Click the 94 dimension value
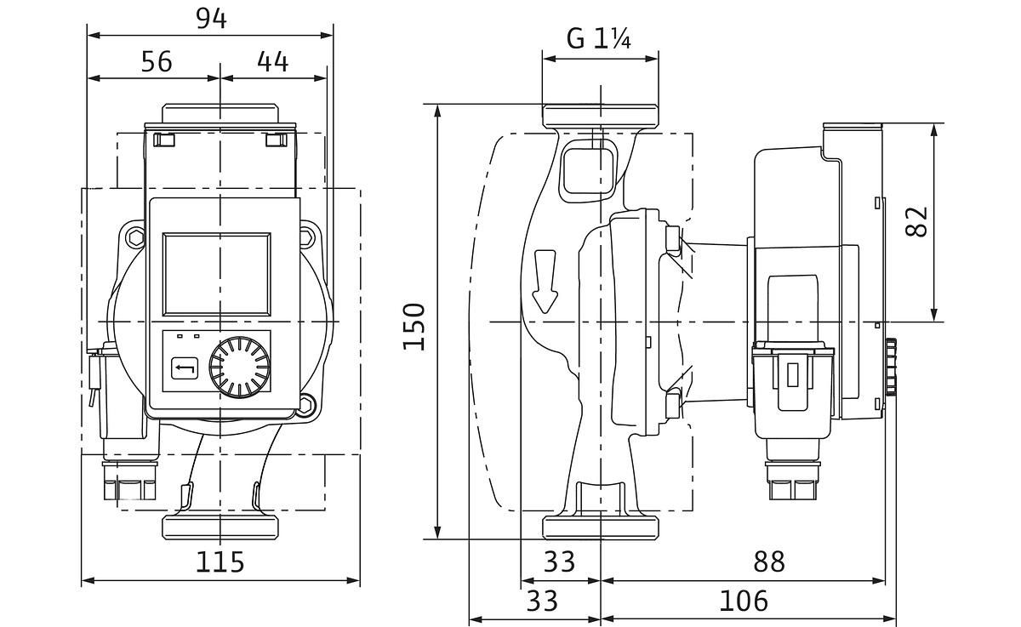pyautogui.click(x=211, y=18)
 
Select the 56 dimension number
pyautogui.click(x=156, y=61)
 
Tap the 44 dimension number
pyautogui.click(x=272, y=61)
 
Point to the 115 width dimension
pyautogui.click(x=220, y=561)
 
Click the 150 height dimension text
pyautogui.click(x=414, y=326)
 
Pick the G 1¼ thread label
pyautogui.click(x=599, y=39)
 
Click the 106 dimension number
pyautogui.click(x=743, y=601)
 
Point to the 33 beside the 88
pyautogui.click(x=558, y=561)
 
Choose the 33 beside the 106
pyautogui.click(x=541, y=601)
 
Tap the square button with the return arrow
pyautogui.click(x=185, y=369)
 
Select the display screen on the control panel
pyautogui.click(x=217, y=273)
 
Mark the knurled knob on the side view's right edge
pyautogui.click(x=891, y=368)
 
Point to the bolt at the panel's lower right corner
pyautogui.click(x=306, y=406)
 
